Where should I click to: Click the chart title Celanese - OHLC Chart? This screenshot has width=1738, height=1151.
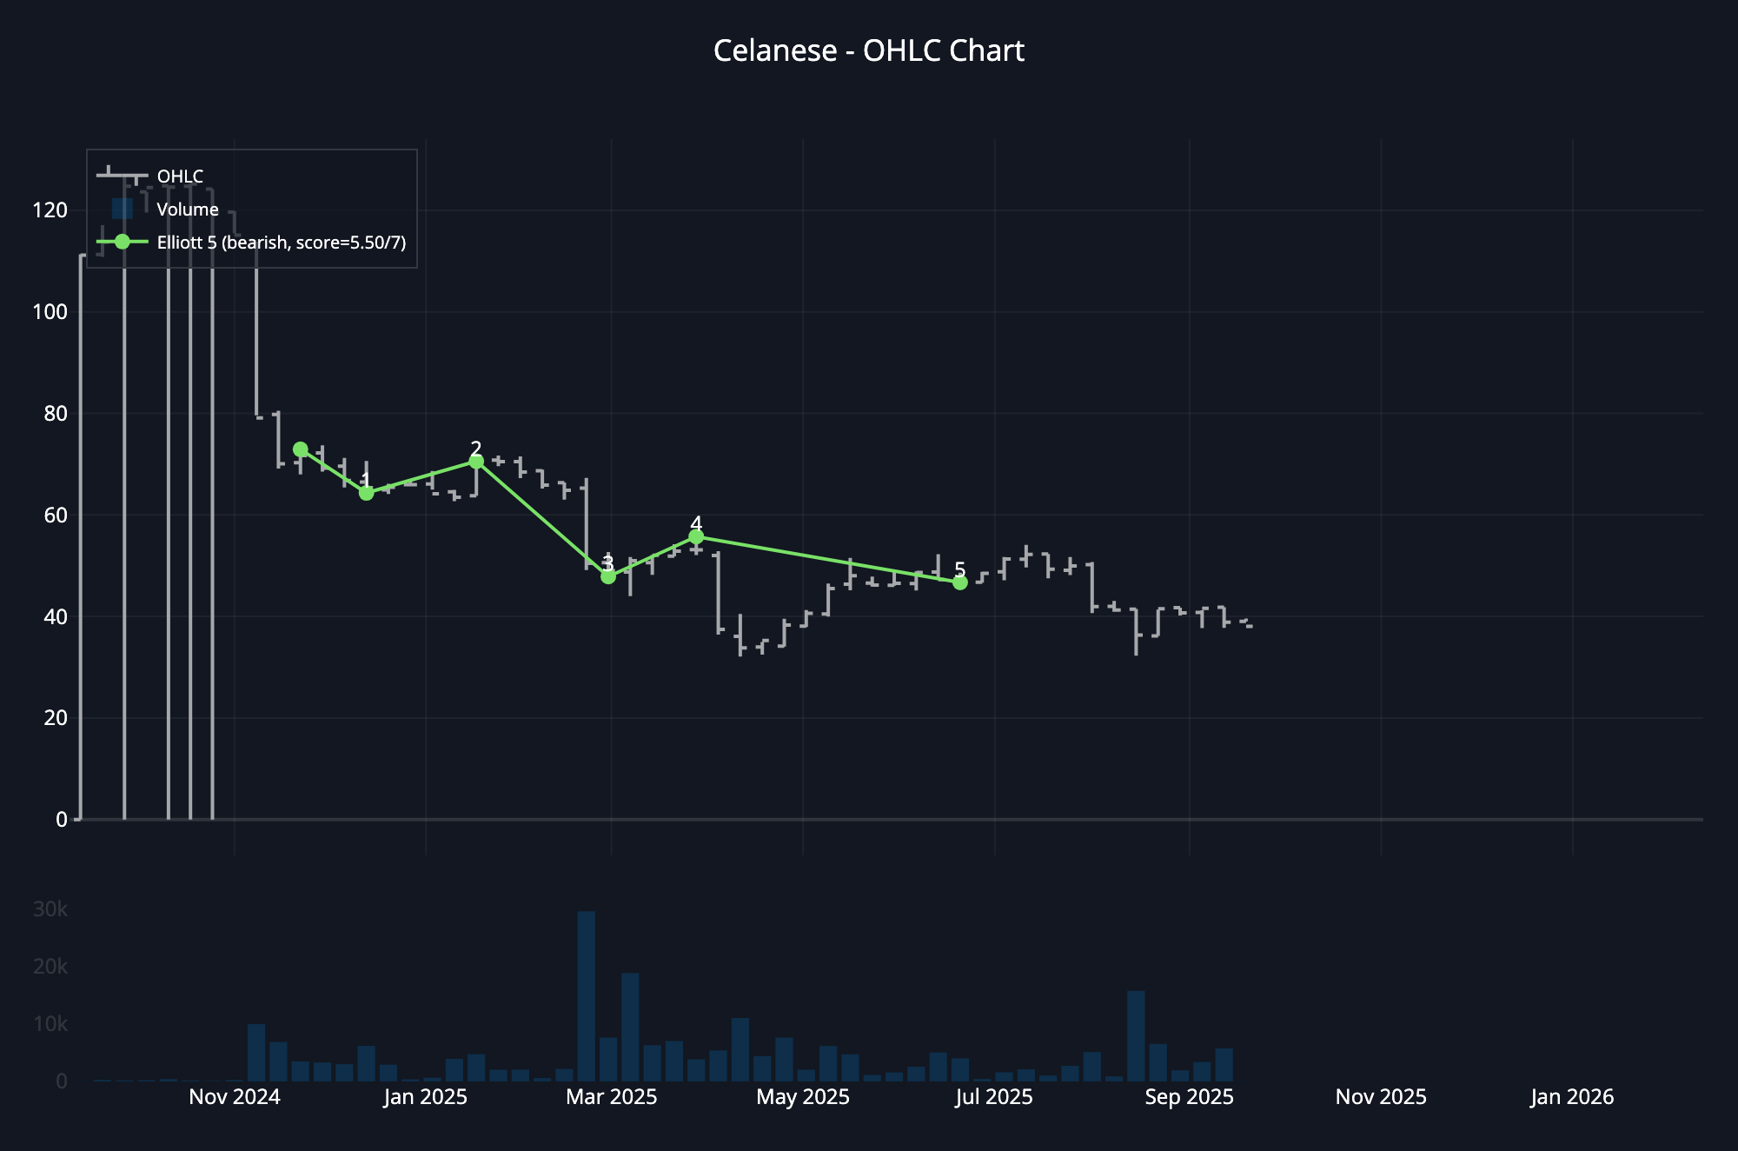coord(869,50)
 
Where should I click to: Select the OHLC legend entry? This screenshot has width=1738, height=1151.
coord(180,176)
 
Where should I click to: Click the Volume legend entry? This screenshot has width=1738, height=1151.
coord(188,210)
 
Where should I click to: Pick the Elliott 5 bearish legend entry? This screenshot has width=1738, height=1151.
coord(281,243)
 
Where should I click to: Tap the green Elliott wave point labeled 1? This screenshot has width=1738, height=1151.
coord(367,493)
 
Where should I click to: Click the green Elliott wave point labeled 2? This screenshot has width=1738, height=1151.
coord(476,462)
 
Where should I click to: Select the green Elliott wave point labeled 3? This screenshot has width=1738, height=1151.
coord(608,576)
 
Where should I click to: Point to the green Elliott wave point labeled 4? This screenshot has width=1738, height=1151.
coord(696,537)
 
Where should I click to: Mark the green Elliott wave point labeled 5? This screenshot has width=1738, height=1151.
coord(960,582)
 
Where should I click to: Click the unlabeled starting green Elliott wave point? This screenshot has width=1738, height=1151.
coord(301,449)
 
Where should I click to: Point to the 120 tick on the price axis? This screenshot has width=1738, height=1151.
coord(50,210)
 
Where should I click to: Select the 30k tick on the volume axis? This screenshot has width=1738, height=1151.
coord(50,909)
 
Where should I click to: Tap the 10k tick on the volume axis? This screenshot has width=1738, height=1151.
coord(50,1024)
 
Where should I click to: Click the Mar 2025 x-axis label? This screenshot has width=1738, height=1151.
coord(611,1097)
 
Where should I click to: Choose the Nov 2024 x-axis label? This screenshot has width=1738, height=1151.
coord(235,1097)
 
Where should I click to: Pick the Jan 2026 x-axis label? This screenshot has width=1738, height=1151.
coord(1572,1097)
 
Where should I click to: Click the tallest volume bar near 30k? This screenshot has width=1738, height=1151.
coord(587,996)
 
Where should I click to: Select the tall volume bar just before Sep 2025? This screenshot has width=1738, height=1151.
coord(1136,1036)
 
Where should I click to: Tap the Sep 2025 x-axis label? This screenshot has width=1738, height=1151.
coord(1189,1097)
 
